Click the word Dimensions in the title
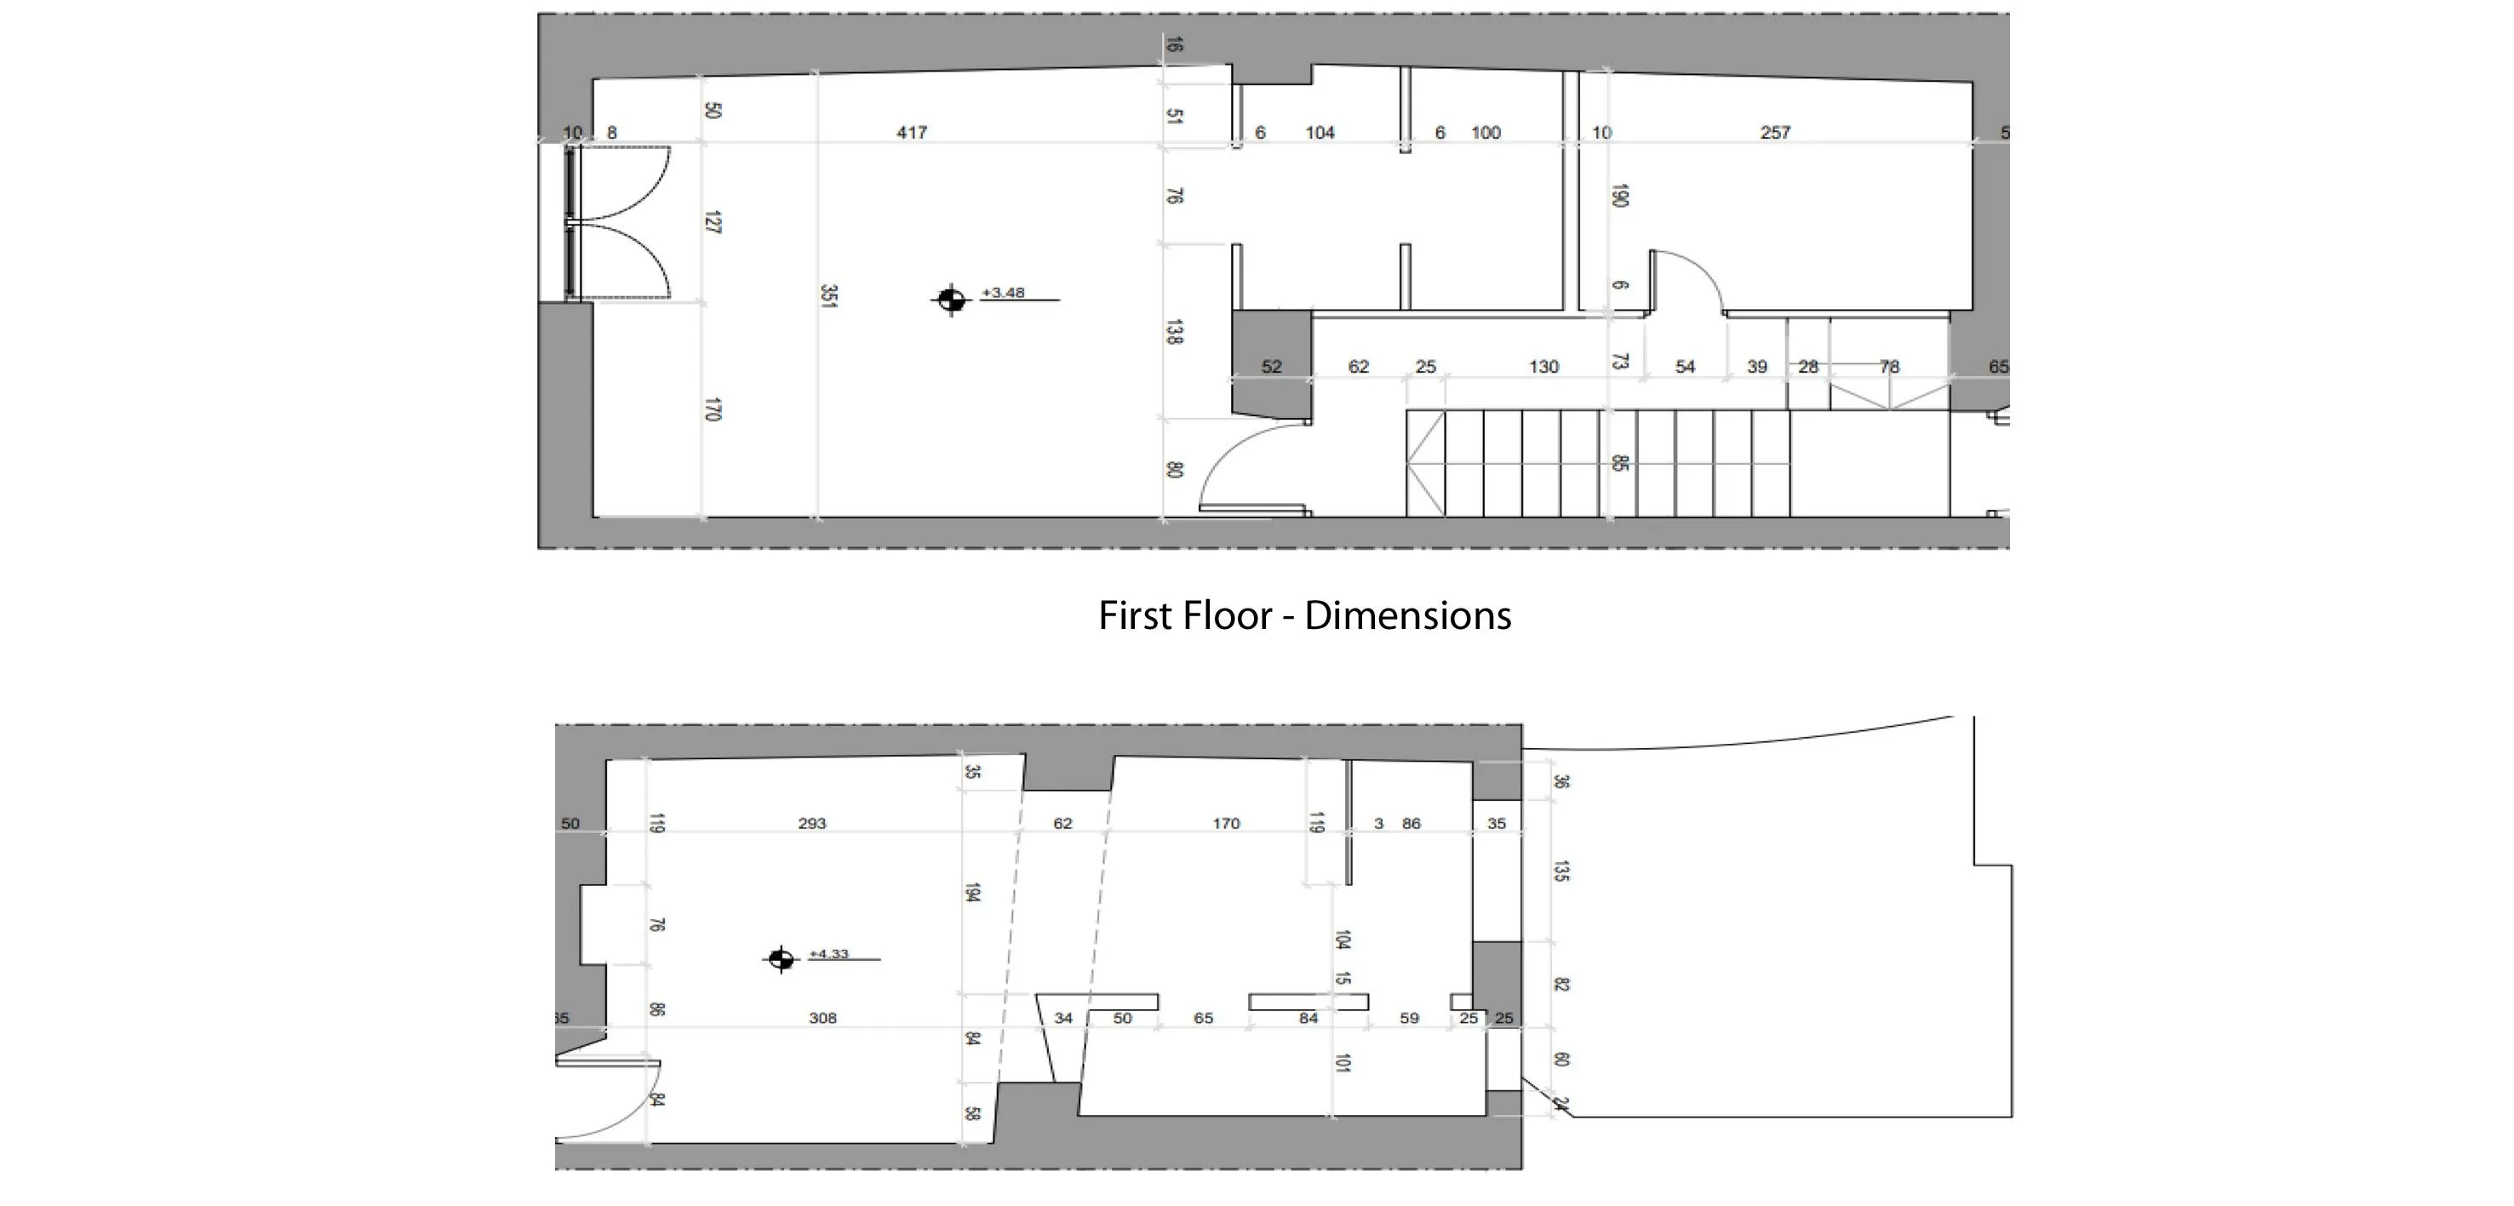coord(1407,615)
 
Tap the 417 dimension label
coord(912,132)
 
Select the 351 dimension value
coord(828,297)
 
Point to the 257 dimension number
coord(1775,132)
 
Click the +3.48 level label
coord(1003,292)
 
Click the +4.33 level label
coord(829,953)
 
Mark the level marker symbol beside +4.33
coord(780,959)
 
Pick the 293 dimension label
coord(812,822)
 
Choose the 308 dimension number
coord(822,1018)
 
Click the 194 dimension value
coord(972,892)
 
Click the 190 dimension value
coord(1620,195)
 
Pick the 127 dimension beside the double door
coord(713,222)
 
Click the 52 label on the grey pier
coord(1272,367)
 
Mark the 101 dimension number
coord(1343,1061)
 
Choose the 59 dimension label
coord(1409,1018)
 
